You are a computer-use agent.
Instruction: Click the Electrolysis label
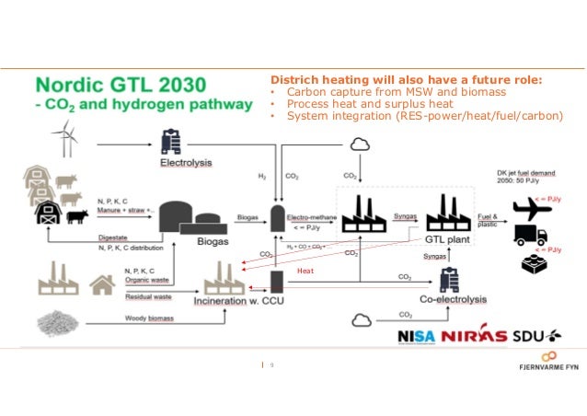[187, 164]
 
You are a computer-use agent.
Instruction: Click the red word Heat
[305, 271]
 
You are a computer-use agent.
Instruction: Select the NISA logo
[417, 336]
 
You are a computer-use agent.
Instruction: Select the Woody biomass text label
[148, 318]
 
